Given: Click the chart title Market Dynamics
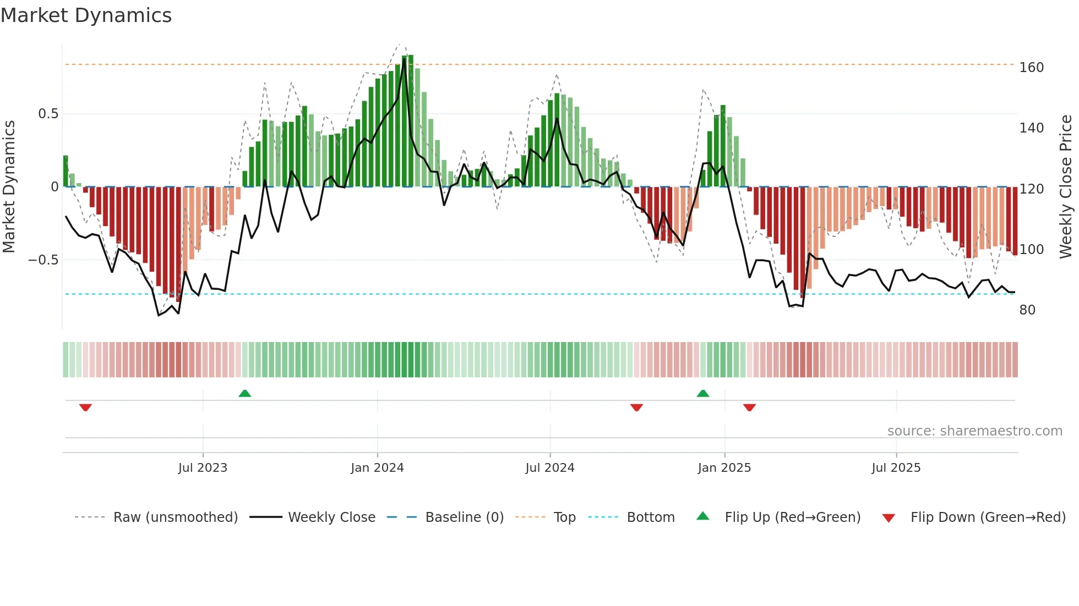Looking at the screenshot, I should click(86, 15).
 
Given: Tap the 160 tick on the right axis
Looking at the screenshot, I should click(1031, 68).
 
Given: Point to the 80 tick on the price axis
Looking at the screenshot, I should click(1027, 310).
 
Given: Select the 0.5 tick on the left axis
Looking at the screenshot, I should click(48, 114).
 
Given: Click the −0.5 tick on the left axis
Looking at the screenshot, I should click(43, 260).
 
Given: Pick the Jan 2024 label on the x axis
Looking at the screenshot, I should click(377, 468).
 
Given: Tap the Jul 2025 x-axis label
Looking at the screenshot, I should click(896, 468).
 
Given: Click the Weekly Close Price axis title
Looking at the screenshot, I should click(1066, 187).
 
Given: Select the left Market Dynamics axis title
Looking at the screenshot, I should click(9, 187).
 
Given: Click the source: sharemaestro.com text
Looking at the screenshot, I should click(974, 431).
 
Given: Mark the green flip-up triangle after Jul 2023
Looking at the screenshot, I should click(245, 393).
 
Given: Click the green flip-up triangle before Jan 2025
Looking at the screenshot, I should click(703, 393).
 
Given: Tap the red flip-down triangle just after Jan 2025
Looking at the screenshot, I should click(749, 407).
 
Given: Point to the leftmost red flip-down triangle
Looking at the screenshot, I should click(85, 407).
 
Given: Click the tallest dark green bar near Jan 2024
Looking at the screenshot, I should click(411, 121).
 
